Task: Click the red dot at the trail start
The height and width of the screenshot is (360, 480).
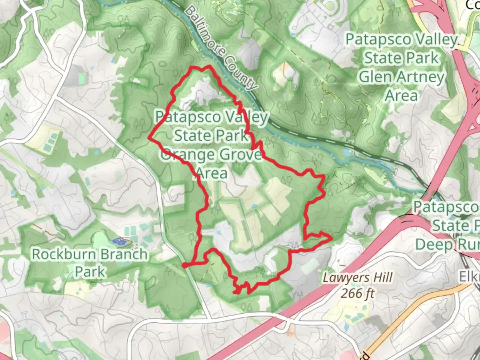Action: tap(184, 265)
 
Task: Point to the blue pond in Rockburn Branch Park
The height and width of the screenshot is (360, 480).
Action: tap(118, 240)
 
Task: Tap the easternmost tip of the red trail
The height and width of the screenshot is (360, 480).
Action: tap(331, 238)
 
